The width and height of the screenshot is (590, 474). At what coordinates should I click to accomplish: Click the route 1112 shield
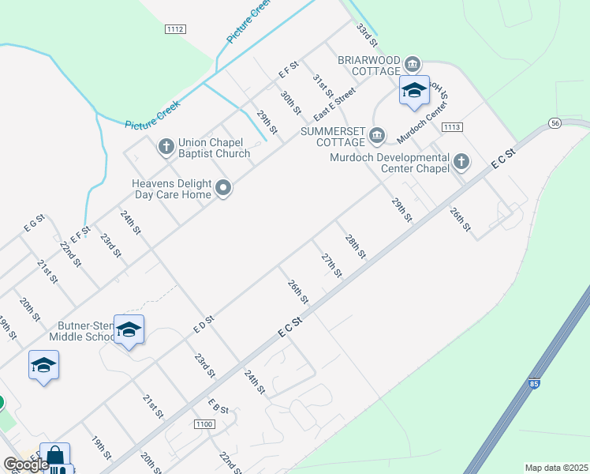(x=175, y=29)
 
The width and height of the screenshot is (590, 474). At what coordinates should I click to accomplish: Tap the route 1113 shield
(x=452, y=126)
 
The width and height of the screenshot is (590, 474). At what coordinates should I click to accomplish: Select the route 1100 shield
(x=203, y=424)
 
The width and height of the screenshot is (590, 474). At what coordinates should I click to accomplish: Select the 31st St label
(x=321, y=86)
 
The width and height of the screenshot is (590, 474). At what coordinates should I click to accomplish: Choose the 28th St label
(x=356, y=246)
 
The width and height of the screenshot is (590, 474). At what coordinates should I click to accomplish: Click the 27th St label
(x=331, y=265)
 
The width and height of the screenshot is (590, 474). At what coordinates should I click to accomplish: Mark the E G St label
(x=35, y=224)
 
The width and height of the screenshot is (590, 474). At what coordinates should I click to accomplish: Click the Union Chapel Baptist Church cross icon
(x=166, y=146)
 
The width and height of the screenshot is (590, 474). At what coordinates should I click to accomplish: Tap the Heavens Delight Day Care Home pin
(x=223, y=188)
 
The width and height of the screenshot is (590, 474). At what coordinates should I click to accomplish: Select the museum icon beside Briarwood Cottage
(x=412, y=63)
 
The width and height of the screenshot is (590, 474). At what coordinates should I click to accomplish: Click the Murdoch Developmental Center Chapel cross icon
(x=461, y=163)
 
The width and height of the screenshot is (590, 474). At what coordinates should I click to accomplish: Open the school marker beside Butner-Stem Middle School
(x=129, y=330)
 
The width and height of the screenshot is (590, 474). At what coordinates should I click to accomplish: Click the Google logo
(x=25, y=465)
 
